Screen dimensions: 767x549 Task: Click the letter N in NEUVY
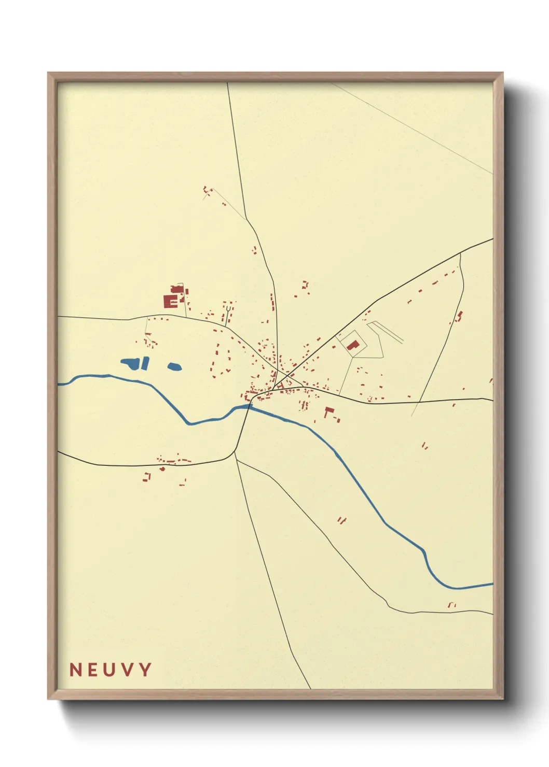point(76,670)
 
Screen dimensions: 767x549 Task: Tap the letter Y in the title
point(145,670)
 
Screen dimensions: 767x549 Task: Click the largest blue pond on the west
point(130,363)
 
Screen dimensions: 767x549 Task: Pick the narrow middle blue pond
point(145,363)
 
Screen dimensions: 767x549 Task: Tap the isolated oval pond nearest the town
point(174,367)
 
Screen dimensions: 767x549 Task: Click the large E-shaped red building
point(170,301)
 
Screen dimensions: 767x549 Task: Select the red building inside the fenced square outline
point(353,345)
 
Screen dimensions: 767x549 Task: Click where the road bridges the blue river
point(249,407)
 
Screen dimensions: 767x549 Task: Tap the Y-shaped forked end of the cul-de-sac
point(228,310)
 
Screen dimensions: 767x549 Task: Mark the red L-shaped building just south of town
point(328,411)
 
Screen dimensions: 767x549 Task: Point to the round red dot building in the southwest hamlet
point(162,469)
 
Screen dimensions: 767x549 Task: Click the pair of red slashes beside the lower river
point(341,520)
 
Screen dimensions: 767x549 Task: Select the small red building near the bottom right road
point(451,604)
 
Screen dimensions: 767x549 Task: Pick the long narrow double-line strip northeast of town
point(387,332)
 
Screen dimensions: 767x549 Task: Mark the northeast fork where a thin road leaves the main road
point(460,253)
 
